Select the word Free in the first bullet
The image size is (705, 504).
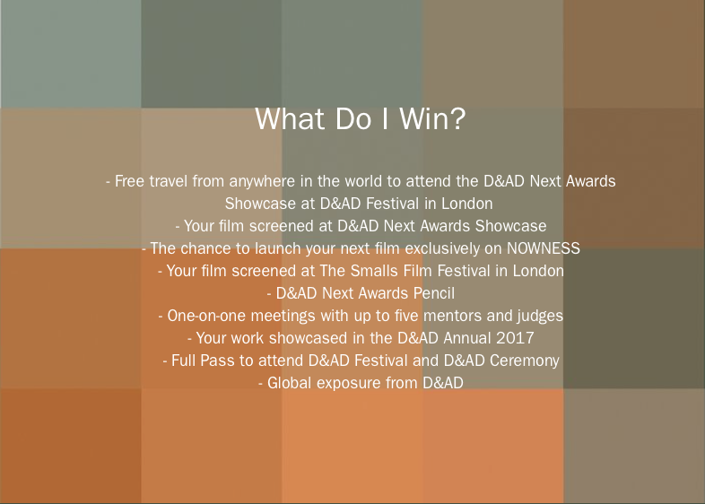(129, 181)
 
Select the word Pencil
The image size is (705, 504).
(434, 293)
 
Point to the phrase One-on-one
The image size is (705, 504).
(207, 316)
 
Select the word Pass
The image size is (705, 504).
(217, 361)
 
